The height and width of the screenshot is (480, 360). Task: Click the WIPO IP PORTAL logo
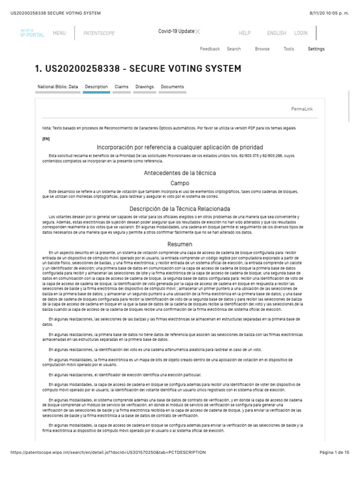click(x=32, y=33)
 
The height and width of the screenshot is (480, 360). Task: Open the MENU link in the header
click(x=59, y=33)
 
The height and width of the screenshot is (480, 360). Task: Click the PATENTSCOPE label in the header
click(x=98, y=33)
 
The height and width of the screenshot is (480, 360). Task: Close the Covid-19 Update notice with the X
click(x=198, y=31)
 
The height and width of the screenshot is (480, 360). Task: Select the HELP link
click(x=245, y=33)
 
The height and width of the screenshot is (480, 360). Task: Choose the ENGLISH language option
click(x=277, y=33)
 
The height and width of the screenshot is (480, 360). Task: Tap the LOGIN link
click(x=301, y=33)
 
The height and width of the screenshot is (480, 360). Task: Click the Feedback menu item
click(x=210, y=49)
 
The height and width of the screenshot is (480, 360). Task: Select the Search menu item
click(x=234, y=49)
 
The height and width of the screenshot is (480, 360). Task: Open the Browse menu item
click(x=262, y=49)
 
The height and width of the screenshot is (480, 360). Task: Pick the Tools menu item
click(x=289, y=49)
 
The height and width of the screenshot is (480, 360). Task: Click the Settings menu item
click(x=316, y=49)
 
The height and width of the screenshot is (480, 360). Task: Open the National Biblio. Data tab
click(x=58, y=87)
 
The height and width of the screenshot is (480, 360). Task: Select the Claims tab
click(x=121, y=87)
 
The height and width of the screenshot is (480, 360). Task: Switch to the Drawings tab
click(x=144, y=87)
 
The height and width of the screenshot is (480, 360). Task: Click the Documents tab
click(x=172, y=87)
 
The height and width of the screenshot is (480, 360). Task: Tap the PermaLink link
click(x=302, y=109)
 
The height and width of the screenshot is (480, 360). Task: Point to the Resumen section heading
click(x=180, y=244)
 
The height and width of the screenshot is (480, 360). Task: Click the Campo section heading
click(x=180, y=183)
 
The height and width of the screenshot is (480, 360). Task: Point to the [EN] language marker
click(x=46, y=139)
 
